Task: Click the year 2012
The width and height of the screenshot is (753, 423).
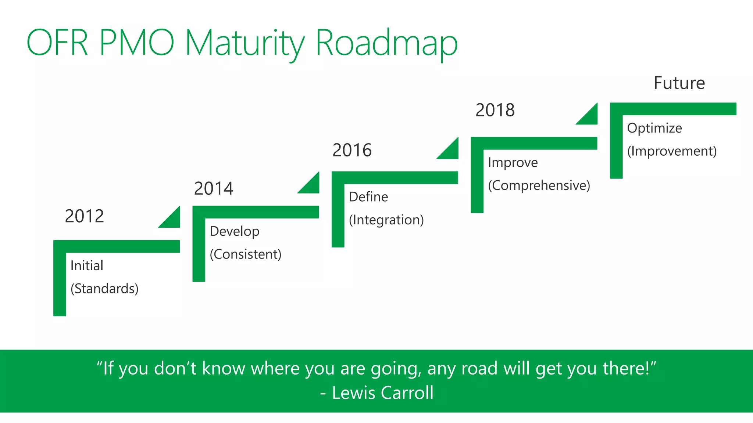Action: pyautogui.click(x=84, y=216)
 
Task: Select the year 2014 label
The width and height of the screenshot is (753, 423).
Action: pyautogui.click(x=213, y=188)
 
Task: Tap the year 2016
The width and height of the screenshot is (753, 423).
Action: pyautogui.click(x=352, y=150)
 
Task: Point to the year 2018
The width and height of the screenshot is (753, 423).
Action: pyautogui.click(x=495, y=110)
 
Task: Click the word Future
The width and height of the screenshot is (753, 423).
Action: pyautogui.click(x=679, y=83)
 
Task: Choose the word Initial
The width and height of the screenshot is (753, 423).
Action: pyautogui.click(x=87, y=265)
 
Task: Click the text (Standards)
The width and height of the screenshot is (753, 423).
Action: pyautogui.click(x=104, y=289)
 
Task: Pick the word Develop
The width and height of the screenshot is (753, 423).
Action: pyautogui.click(x=235, y=231)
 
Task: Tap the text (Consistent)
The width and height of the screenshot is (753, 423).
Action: pyautogui.click(x=245, y=254)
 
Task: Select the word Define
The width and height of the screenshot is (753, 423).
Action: pyautogui.click(x=368, y=197)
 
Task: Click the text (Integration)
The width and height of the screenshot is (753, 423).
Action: pyautogui.click(x=386, y=220)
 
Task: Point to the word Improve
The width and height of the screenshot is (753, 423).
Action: pyautogui.click(x=513, y=162)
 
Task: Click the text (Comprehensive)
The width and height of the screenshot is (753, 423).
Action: pyautogui.click(x=539, y=185)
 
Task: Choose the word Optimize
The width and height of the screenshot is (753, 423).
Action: pyautogui.click(x=654, y=128)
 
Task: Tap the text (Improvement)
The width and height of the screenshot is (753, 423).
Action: pyautogui.click(x=672, y=151)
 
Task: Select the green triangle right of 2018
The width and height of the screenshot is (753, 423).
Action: pyautogui.click(x=590, y=117)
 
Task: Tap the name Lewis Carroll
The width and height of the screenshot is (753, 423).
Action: pyautogui.click(x=382, y=393)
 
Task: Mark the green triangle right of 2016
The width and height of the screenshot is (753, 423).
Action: pyautogui.click(x=451, y=151)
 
